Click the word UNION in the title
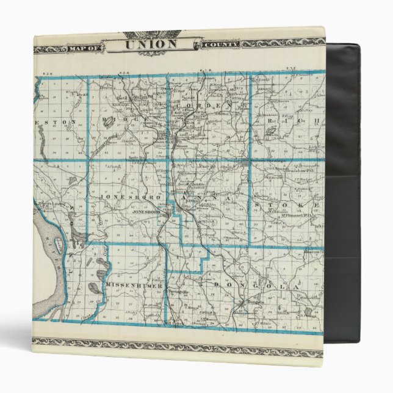tap(151, 44)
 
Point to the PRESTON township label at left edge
tap(56, 121)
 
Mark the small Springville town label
tap(175, 292)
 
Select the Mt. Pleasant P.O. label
tap(292, 214)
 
